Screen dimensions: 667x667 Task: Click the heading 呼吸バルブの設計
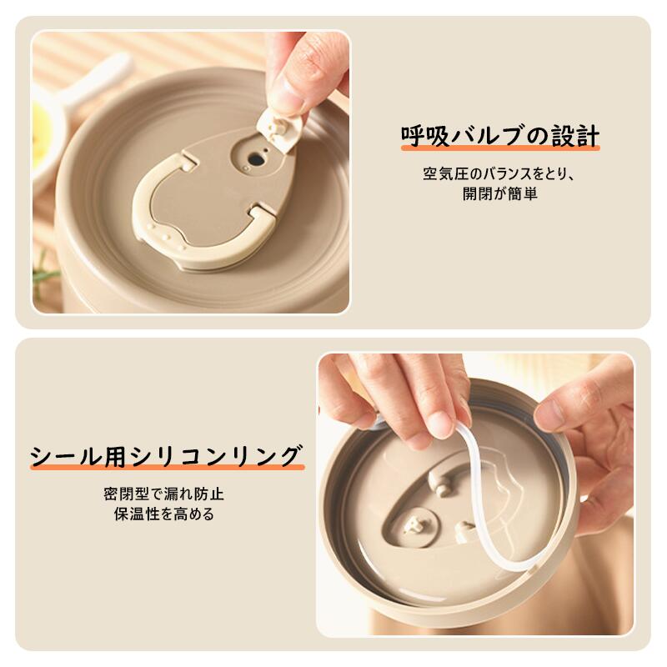click(500, 136)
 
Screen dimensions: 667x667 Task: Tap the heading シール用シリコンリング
click(167, 456)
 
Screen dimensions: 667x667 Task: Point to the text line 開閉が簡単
click(500, 194)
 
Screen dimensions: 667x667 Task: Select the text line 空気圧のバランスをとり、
click(499, 174)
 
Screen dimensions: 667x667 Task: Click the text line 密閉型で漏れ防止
click(163, 494)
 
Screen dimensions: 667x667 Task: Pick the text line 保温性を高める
click(163, 514)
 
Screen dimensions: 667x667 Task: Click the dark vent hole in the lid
click(255, 160)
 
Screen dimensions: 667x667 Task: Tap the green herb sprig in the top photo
click(45, 273)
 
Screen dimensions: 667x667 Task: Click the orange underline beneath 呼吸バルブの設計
click(500, 148)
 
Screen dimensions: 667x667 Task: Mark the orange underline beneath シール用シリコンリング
click(168, 467)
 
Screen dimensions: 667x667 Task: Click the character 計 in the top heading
click(588, 136)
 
